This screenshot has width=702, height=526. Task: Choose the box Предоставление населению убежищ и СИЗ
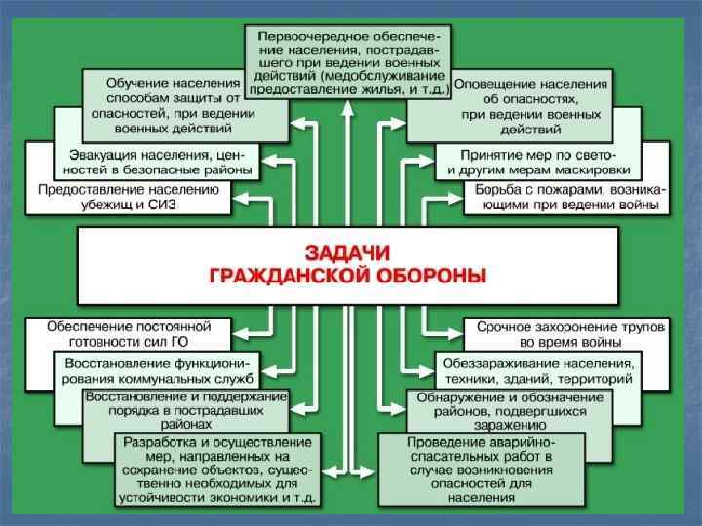(128, 198)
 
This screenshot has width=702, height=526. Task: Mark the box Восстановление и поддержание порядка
(185, 410)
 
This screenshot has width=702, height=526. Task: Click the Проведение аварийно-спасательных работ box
(496, 469)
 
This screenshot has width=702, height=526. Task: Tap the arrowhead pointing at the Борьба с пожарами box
(456, 198)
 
